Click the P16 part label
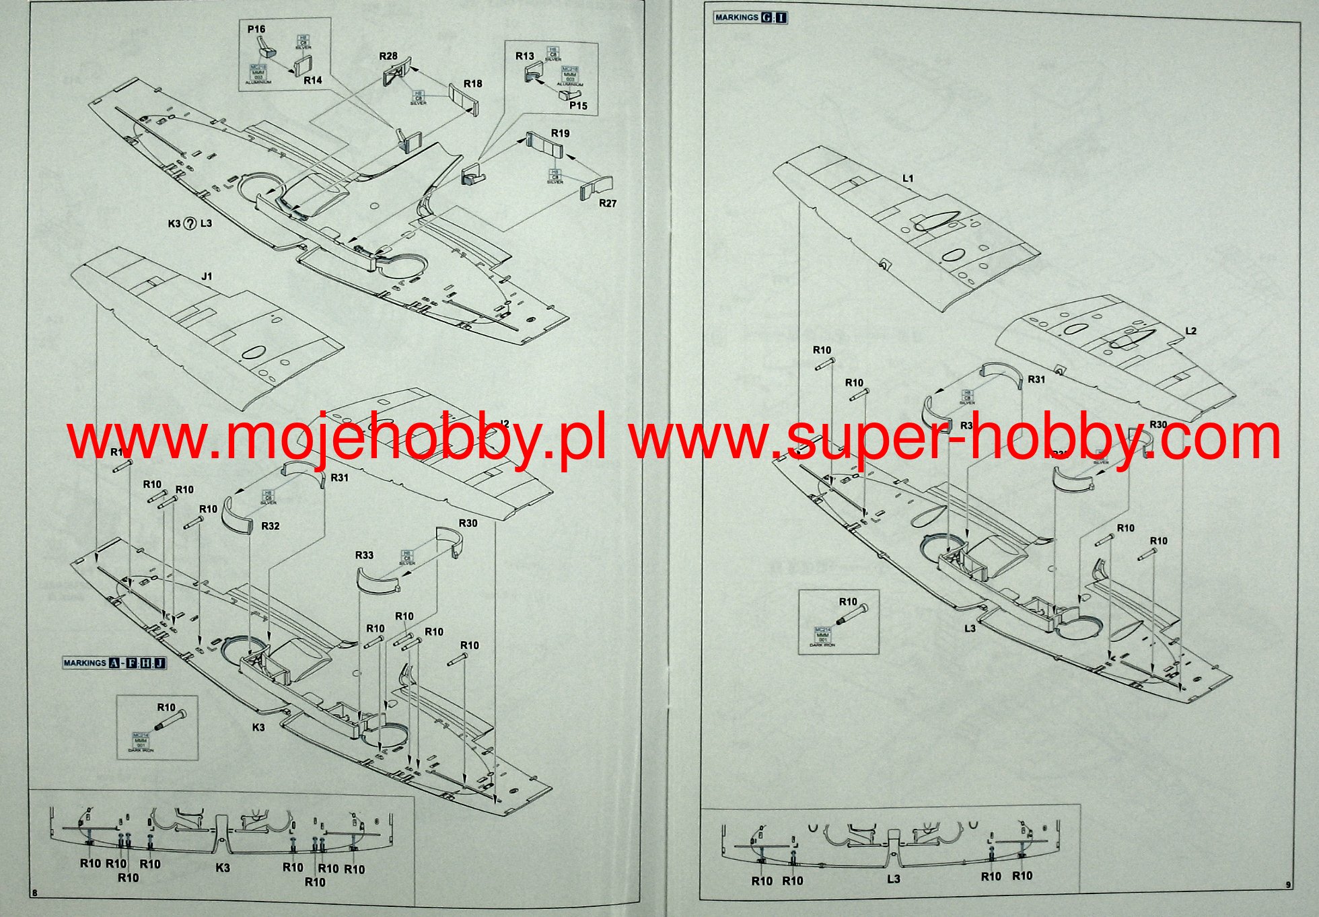(256, 29)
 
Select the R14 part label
(313, 80)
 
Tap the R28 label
(388, 57)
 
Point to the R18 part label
(473, 83)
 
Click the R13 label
(525, 56)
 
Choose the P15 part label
(578, 106)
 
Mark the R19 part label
(560, 133)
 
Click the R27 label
(608, 203)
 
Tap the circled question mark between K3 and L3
(190, 223)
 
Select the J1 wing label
(207, 277)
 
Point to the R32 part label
(271, 525)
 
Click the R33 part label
(364, 555)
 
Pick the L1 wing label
(908, 178)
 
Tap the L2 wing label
(1190, 331)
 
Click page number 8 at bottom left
(34, 892)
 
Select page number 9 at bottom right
(1288, 885)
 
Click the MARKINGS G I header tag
(750, 17)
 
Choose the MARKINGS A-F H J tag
(114, 663)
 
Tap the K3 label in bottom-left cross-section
(223, 868)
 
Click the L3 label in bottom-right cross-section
(893, 879)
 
